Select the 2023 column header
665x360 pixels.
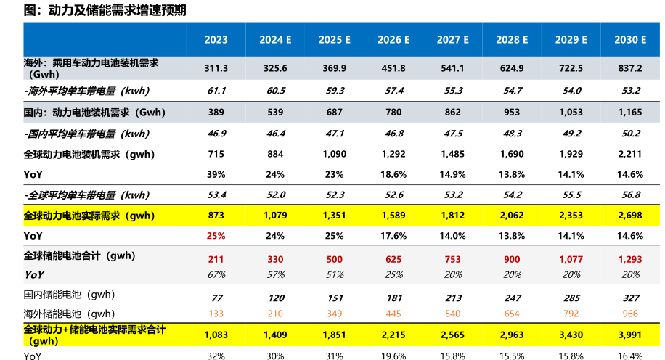216,40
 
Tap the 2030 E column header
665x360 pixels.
629,40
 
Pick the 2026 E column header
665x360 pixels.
393,40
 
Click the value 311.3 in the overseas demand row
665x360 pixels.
216,68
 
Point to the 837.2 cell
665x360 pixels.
629,68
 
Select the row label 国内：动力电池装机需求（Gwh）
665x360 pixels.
94,112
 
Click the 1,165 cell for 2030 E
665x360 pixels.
629,112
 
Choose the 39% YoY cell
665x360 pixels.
216,174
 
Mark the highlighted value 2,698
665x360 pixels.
629,216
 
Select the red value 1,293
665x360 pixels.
629,259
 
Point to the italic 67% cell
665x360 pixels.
216,274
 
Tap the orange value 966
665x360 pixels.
629,314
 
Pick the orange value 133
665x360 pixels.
216,314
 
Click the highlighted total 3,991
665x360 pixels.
629,335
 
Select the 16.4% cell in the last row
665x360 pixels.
629,355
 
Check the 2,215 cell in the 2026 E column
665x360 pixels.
393,335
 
